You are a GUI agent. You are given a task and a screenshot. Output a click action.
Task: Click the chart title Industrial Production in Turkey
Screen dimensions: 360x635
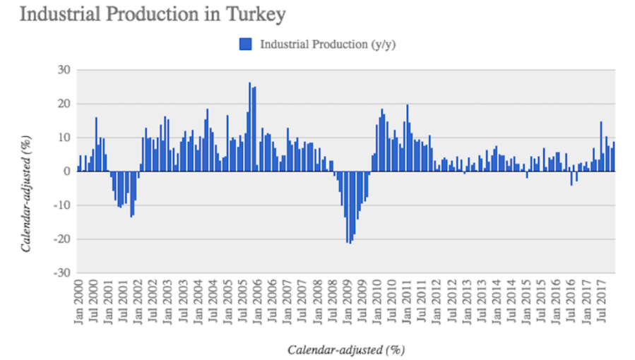coord(153,14)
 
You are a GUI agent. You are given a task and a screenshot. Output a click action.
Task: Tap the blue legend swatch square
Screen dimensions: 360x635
coord(246,44)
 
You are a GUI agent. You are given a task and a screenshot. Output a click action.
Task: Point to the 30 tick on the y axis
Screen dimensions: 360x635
coord(64,70)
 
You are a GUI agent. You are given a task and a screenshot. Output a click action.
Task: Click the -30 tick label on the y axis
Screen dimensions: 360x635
coord(62,272)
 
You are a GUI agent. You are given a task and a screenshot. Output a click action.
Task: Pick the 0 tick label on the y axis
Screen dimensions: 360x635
coord(67,172)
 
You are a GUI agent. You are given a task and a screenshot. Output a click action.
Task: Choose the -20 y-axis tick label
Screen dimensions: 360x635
coord(62,239)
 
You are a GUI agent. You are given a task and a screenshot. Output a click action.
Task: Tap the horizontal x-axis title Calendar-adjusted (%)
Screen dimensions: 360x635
coord(345,349)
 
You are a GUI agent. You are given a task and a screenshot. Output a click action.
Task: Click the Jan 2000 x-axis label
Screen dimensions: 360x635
coord(79,301)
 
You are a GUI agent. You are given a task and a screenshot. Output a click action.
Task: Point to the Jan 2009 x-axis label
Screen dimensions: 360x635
coord(347,301)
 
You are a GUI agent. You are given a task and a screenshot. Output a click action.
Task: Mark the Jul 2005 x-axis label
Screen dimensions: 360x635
coord(243,301)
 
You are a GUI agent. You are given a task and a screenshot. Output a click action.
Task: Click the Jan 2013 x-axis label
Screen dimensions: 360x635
coord(466,301)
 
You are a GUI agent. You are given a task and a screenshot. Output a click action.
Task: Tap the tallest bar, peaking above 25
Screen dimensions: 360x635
coord(249,127)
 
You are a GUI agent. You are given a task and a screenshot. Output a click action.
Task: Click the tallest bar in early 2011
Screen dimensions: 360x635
coord(408,138)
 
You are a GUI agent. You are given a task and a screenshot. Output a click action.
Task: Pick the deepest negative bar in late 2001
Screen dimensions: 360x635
coord(131,194)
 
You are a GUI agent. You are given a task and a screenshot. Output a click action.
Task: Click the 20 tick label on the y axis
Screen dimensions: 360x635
coord(64,104)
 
